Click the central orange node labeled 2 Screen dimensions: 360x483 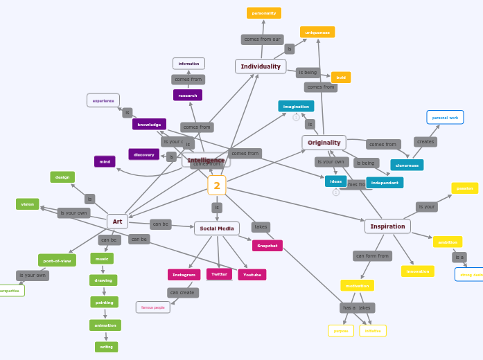pos(217,186)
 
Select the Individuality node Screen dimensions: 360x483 pos(261,66)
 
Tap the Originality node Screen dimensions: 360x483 pos(324,143)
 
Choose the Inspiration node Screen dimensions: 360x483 pos(387,226)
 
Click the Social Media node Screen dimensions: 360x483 pos(217,228)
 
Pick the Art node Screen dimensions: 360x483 pos(117,222)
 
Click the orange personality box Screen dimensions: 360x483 pos(264,13)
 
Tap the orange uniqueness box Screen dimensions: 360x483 pos(317,33)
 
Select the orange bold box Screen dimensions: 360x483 pos(341,78)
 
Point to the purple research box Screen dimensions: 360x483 pos(188,96)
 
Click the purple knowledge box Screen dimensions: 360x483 pos(149,125)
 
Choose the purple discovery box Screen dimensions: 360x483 pos(144,154)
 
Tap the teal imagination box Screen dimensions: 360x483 pos(296,107)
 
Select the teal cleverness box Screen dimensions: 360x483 pos(407,165)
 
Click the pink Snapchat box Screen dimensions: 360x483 pos(267,246)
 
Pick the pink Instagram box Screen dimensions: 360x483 pos(184,275)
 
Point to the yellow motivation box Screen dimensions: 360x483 pos(357,285)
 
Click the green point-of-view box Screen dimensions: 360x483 pos(57,261)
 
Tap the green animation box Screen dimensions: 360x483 pos(105,325)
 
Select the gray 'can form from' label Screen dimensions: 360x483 pos(372,256)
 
